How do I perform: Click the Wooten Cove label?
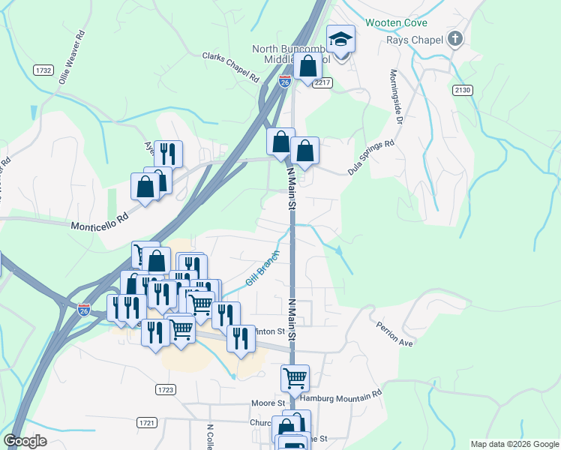[396, 22]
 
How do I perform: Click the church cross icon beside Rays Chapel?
[454, 38]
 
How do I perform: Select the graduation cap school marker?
[340, 40]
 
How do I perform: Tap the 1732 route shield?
[43, 70]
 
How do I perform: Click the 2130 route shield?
[463, 90]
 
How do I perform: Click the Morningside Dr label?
[396, 97]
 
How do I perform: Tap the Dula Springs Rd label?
[370, 157]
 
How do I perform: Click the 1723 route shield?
[166, 390]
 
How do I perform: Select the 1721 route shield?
[147, 423]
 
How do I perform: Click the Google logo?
[25, 442]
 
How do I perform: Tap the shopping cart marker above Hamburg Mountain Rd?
[295, 378]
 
